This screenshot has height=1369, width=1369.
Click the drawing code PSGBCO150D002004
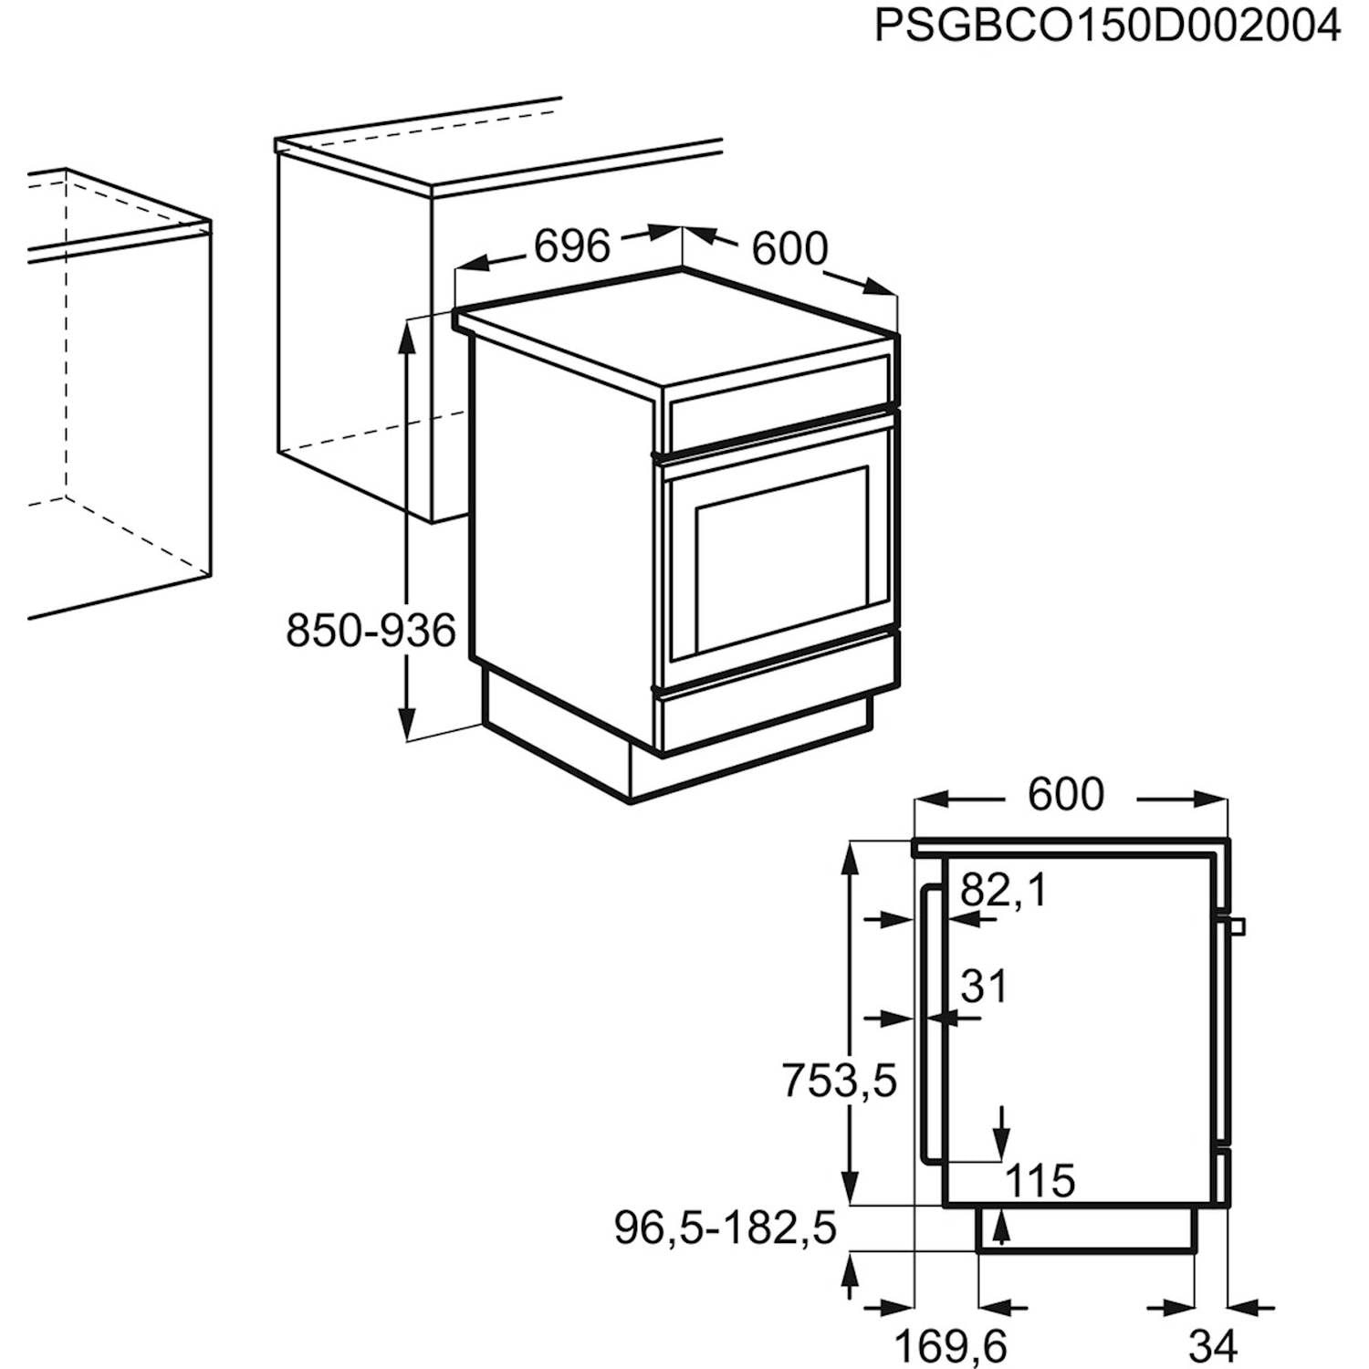tap(1107, 26)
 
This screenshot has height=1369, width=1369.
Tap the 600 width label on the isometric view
tap(789, 248)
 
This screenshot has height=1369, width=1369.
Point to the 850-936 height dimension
tap(371, 631)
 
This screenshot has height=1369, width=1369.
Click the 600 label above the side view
tap(1066, 794)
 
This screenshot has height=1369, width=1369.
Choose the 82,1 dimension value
tap(1004, 890)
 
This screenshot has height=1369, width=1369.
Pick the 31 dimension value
tap(984, 987)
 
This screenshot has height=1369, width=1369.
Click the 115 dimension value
tap(1040, 1181)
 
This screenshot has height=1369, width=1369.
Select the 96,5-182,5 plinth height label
tap(726, 1228)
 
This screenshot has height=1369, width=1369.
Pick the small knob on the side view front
tap(1237, 926)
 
